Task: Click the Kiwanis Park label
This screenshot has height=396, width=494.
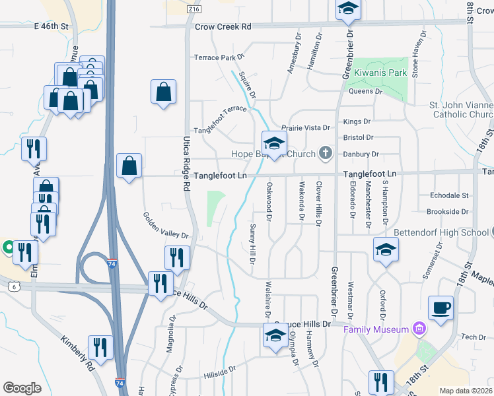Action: (380, 73)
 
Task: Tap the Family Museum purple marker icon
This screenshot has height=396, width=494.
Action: (417, 328)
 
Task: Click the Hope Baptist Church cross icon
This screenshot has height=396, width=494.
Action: (324, 154)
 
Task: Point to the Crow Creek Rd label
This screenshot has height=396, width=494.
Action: (224, 27)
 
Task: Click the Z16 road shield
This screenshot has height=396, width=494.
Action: (194, 10)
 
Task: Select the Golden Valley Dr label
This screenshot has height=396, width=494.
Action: (166, 226)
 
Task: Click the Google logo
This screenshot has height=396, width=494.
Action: (22, 387)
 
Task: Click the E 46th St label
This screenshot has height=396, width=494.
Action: (52, 26)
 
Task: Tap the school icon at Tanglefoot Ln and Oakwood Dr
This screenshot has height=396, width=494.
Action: (274, 143)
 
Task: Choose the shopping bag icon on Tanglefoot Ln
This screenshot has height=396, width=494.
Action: (129, 166)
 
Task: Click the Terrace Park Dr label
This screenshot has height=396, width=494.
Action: (215, 57)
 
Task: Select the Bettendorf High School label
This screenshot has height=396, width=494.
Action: (441, 232)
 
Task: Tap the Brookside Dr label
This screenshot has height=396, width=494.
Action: (447, 212)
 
